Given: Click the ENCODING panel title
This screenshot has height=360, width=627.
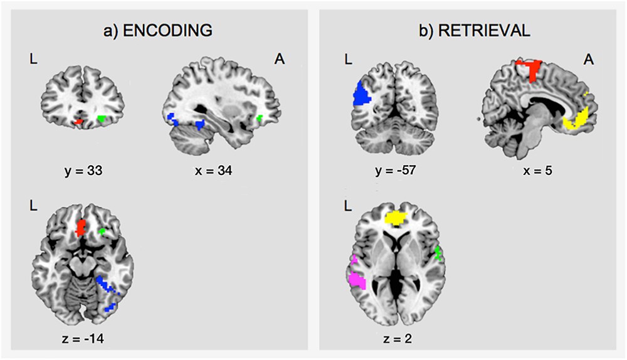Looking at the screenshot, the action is (157, 31).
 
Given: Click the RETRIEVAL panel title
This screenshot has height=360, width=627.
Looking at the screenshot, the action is (474, 31).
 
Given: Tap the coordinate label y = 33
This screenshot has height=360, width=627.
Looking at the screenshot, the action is (83, 171).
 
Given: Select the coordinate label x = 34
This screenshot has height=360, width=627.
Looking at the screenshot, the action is (214, 171).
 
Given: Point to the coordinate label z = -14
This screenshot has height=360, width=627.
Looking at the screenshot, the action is (83, 339).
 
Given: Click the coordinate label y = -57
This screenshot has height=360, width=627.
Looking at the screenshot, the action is (396, 171).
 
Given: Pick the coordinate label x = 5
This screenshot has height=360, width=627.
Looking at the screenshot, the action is (537, 171).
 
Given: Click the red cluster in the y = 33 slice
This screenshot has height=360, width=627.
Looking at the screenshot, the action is (78, 121).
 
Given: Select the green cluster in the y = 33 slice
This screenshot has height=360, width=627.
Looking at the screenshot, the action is (102, 119).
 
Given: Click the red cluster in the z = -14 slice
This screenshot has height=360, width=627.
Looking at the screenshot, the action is (81, 228).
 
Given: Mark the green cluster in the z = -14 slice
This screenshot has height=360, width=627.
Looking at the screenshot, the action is (102, 231).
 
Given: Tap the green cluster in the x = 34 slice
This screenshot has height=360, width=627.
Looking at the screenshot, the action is (260, 118).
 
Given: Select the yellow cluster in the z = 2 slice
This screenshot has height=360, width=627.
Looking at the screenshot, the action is (396, 218).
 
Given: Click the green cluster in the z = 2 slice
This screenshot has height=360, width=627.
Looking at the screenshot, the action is (438, 253).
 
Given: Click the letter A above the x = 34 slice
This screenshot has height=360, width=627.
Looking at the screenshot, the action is (280, 59).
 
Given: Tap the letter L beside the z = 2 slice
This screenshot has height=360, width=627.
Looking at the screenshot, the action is (348, 206).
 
